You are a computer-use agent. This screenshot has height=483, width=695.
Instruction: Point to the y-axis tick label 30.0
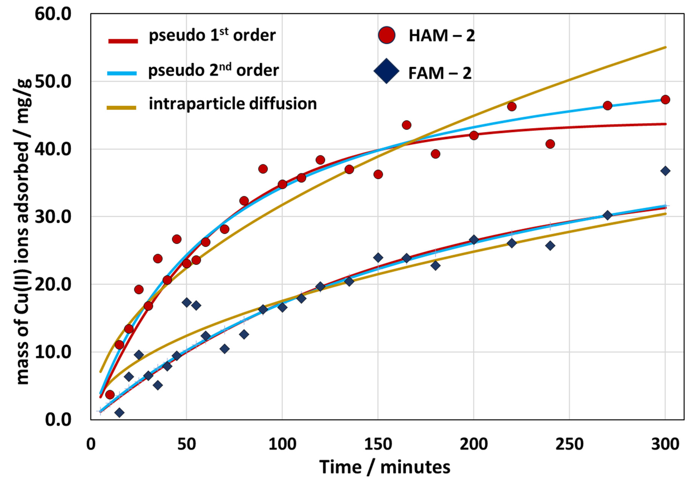(53, 217)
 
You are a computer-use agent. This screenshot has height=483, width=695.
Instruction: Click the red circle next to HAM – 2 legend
(387, 35)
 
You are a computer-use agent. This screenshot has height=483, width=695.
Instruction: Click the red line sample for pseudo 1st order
(123, 41)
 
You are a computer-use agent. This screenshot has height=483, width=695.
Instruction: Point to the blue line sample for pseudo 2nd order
(122, 73)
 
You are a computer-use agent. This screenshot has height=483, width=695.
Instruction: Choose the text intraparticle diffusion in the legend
(232, 104)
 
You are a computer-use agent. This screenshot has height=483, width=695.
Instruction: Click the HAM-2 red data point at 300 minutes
(665, 99)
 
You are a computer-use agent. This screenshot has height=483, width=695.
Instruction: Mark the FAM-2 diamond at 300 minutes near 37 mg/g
(665, 171)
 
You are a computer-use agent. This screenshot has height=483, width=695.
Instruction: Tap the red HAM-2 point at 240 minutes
(550, 144)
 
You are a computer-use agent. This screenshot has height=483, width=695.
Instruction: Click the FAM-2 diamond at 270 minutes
(607, 215)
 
